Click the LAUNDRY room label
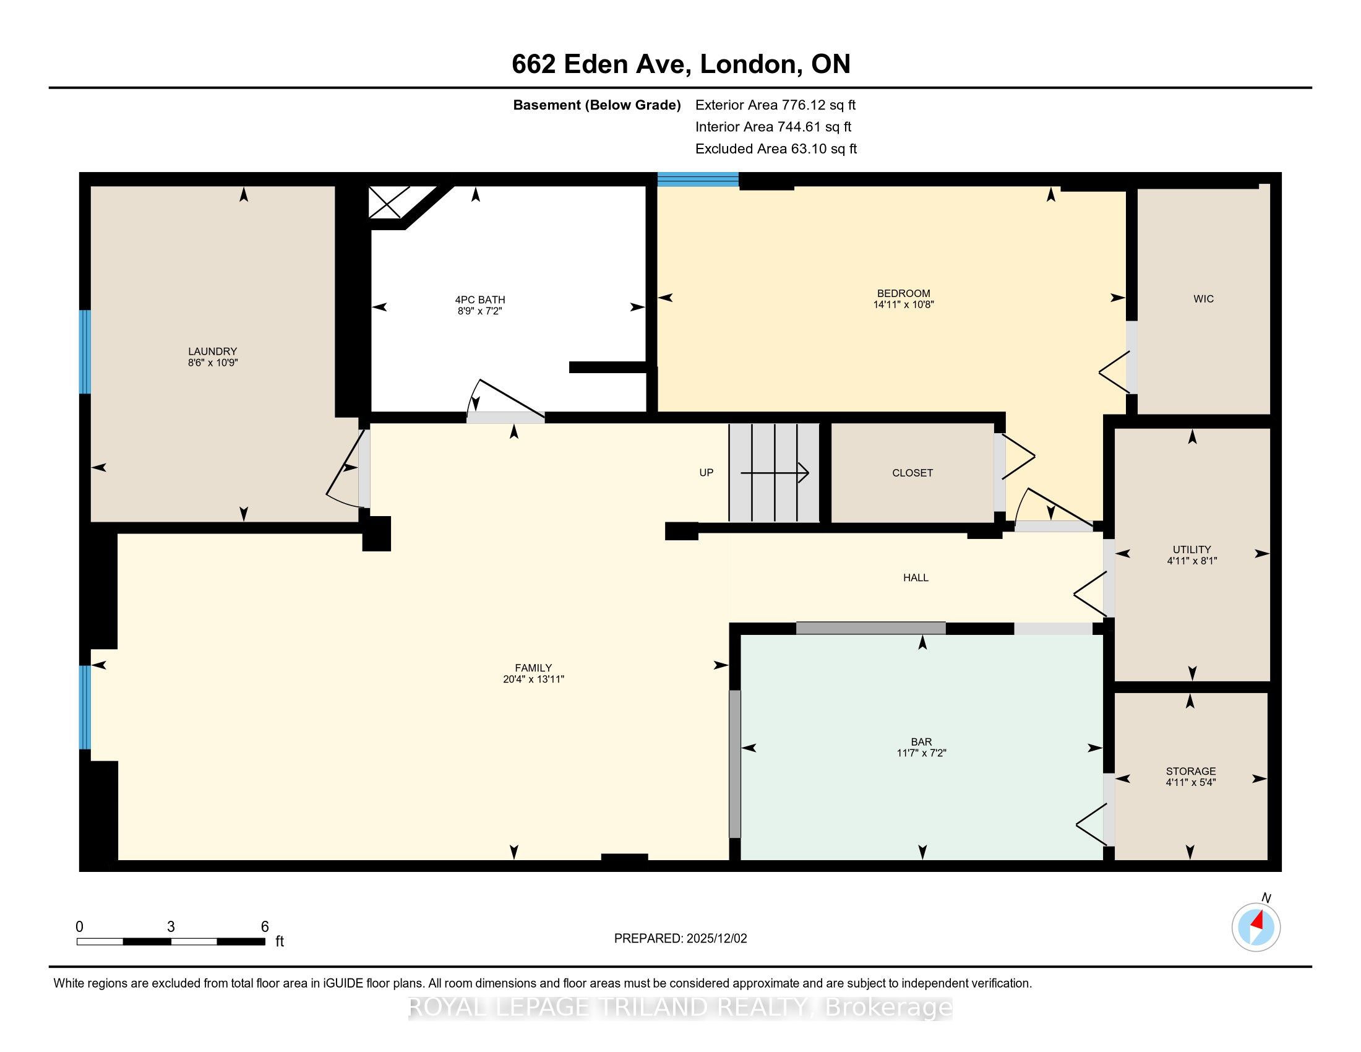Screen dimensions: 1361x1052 pos(212,351)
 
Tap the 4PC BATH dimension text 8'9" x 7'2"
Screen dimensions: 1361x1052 pos(480,311)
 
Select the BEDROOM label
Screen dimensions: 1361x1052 pos(904,293)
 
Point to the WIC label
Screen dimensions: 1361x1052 pos(1203,299)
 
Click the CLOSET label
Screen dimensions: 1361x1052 pos(912,473)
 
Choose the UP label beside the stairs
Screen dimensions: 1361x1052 pos(706,472)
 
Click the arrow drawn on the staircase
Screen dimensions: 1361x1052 pos(775,473)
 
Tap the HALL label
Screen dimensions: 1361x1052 pos(916,578)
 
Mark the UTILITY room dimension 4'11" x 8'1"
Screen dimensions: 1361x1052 pos(1192,561)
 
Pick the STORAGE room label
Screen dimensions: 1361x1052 pos(1191,771)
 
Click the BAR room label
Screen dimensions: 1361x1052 pos(922,741)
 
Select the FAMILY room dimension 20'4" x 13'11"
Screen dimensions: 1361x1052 pos(533,679)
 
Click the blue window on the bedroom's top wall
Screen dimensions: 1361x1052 pos(698,179)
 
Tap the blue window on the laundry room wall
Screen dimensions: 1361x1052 pos(85,352)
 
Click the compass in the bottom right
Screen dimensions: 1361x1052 pos(1256,928)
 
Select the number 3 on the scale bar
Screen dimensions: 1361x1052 pos(171,927)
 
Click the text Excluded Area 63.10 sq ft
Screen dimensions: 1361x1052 pos(776,149)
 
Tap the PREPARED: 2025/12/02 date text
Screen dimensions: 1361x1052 pos(680,939)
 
